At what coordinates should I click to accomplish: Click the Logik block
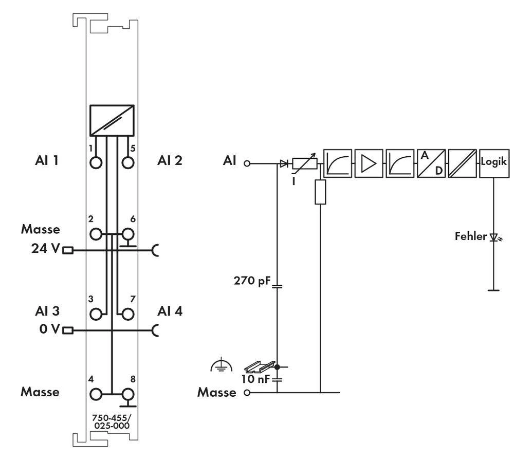[x=494, y=163]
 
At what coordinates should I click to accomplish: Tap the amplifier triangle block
[x=369, y=163]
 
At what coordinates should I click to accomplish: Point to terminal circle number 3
[x=96, y=313]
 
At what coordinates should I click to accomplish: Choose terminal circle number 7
[x=127, y=313]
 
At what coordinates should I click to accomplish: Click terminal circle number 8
[x=127, y=394]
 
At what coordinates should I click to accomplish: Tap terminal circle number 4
[x=96, y=394]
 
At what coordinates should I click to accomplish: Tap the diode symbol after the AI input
[x=283, y=164]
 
